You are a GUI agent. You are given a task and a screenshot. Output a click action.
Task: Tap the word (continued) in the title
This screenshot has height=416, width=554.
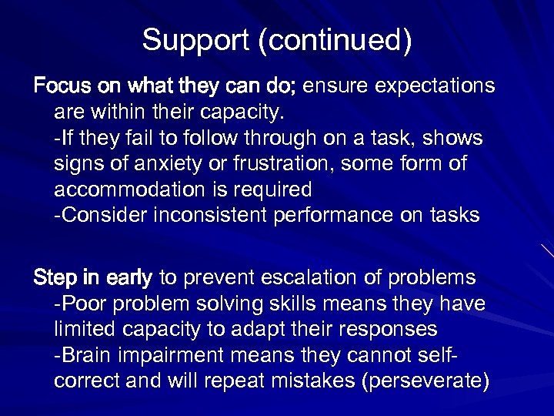(x=335, y=41)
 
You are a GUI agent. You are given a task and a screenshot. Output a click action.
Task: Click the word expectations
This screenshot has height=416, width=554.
(x=436, y=86)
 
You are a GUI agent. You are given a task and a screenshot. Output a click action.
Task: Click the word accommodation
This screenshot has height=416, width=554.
(x=135, y=190)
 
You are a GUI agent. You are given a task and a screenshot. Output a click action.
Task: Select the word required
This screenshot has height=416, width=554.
(x=275, y=190)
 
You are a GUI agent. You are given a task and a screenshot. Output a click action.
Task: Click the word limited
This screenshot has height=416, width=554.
(x=81, y=329)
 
